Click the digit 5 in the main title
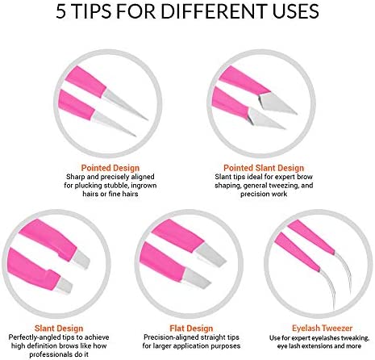[x=61, y=11]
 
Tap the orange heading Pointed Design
[x=110, y=168]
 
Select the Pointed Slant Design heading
[x=264, y=168]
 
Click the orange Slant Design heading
[x=59, y=329]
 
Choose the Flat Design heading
[x=191, y=329]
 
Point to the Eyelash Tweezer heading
[x=322, y=329]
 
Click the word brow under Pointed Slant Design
[x=305, y=177]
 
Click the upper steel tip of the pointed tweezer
[x=124, y=104]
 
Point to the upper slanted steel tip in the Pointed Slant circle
[x=277, y=103]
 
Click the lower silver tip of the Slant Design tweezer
[x=65, y=286]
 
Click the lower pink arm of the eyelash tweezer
[x=297, y=252]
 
